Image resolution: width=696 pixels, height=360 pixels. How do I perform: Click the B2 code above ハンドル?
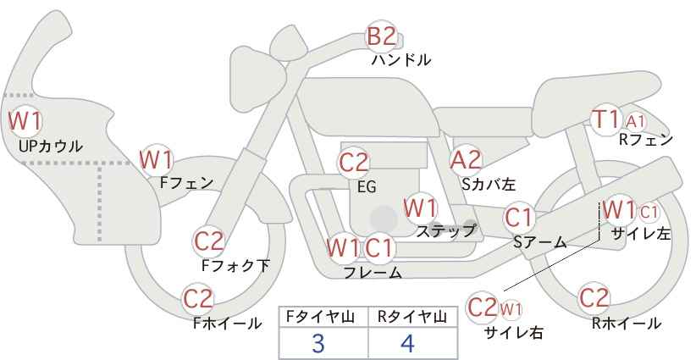pos(382,36)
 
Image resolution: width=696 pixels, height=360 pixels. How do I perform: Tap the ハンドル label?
pos(401,59)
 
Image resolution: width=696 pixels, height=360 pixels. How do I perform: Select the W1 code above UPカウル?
pos(25,121)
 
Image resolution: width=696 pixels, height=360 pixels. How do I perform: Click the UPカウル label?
pos(51,146)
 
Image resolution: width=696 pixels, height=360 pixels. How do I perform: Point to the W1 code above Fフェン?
pos(157,160)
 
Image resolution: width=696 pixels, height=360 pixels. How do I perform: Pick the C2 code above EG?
pos(353,163)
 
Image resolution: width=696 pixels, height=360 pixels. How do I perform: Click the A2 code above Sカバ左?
pos(466,160)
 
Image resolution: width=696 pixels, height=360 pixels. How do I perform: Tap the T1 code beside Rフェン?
pos(606,119)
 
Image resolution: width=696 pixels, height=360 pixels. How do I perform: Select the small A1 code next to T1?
pos(635,121)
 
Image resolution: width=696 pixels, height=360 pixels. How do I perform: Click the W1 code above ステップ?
pos(420,208)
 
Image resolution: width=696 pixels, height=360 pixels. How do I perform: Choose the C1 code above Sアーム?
pos(518,218)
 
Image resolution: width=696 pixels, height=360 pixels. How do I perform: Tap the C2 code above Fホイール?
pos(198,299)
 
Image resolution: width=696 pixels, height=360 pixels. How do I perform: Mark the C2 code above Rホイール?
pos(594,298)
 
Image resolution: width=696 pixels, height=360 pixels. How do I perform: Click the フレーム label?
pos(373,272)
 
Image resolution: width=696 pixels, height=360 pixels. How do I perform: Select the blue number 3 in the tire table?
pos(318,343)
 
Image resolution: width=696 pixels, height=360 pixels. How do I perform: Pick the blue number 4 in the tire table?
pos(407,343)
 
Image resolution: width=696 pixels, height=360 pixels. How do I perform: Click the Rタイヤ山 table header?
pos(412,317)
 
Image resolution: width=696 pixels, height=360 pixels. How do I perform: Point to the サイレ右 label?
pos(514,333)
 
